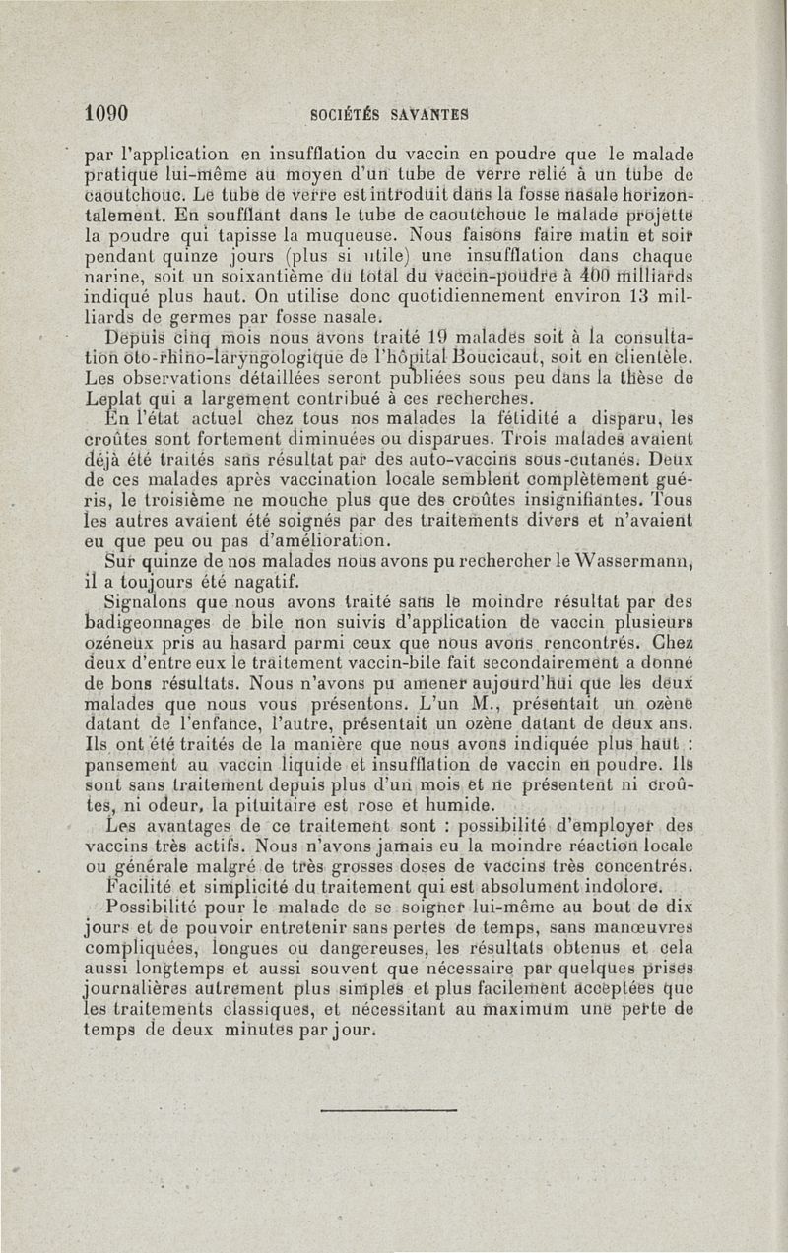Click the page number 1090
107,113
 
